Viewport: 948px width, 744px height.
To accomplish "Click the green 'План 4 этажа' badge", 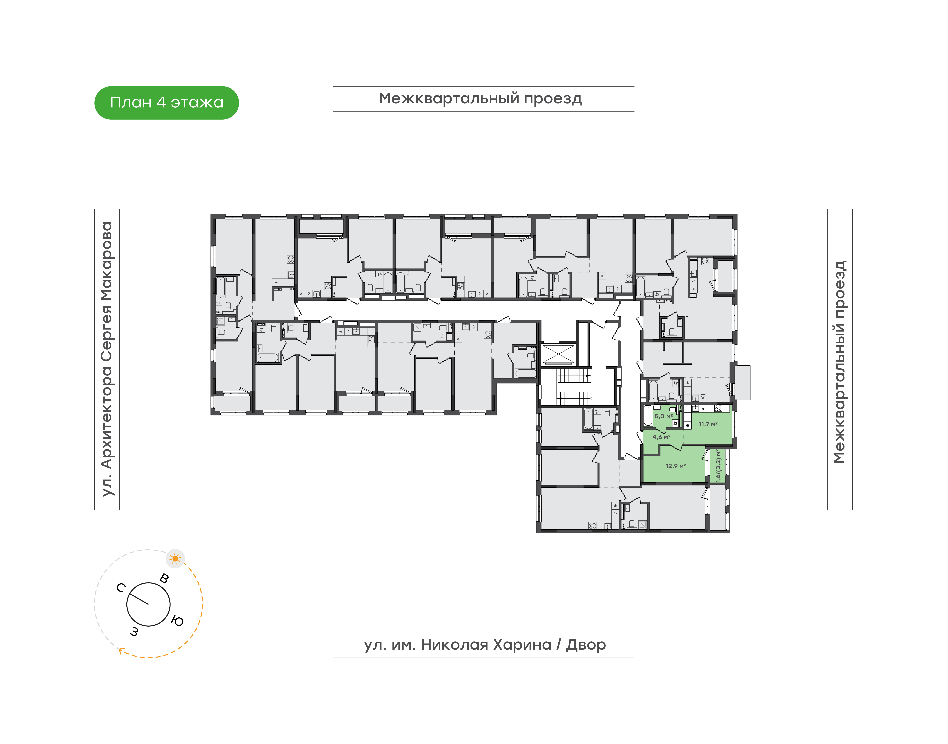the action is coord(166,103).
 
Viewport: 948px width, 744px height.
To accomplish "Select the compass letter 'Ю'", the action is coord(177,621).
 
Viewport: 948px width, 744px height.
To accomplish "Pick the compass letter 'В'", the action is coord(164,579).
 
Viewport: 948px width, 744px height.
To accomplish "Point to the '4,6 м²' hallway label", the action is coord(661,437).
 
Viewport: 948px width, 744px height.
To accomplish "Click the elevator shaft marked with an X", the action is coord(557,354).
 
